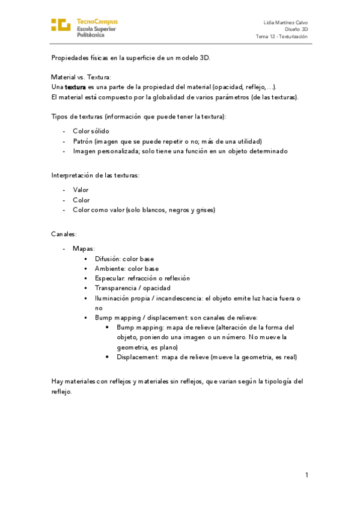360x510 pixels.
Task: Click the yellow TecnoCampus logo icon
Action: [61, 25]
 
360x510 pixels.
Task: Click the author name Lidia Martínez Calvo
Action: [286, 22]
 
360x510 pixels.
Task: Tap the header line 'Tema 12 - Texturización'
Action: [282, 36]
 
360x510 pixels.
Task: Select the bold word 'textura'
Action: [76, 87]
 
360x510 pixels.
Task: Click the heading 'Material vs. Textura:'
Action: [81, 77]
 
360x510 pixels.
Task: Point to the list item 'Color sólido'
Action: [91, 131]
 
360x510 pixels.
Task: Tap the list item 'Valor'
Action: [81, 189]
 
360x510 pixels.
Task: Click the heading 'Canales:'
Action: [64, 234]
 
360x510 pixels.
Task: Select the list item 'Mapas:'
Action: [84, 248]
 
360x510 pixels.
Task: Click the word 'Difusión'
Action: [108, 259]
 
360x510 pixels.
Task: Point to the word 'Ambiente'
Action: [109, 268]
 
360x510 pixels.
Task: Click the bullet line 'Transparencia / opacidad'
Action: [132, 288]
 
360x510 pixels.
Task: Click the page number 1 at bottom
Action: [306, 475]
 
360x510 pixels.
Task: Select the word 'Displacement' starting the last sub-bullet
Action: [138, 357]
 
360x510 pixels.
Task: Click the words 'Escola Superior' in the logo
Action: [97, 28]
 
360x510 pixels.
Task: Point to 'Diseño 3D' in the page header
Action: [296, 29]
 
